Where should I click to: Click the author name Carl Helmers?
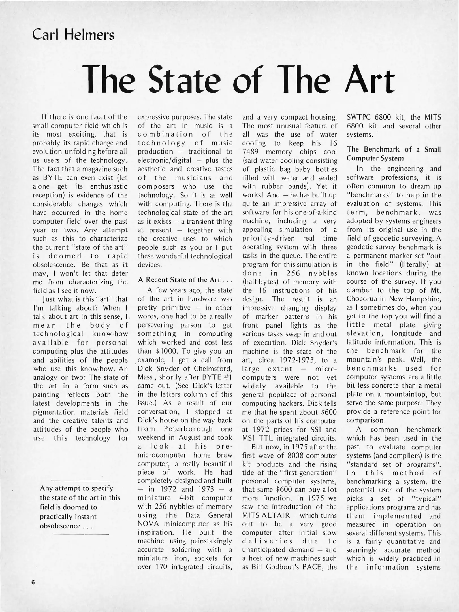pyautogui.click(x=73, y=35)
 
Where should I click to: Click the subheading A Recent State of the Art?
pyautogui.click(x=185, y=280)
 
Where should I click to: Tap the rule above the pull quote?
pyautogui.click(x=80, y=481)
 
